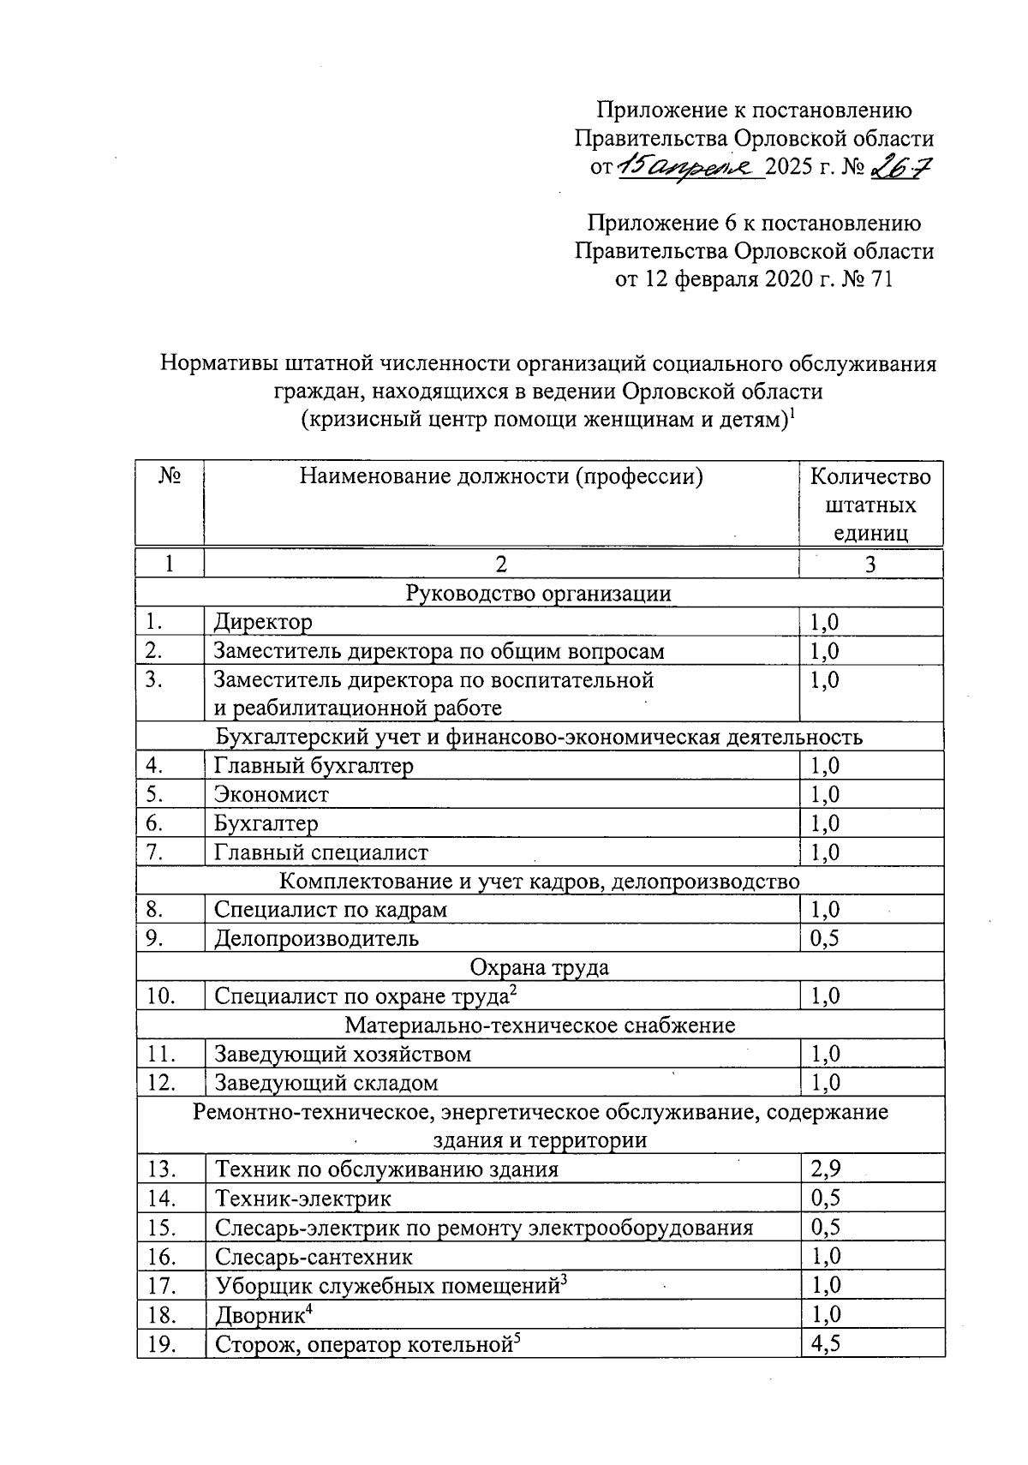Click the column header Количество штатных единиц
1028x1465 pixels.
coord(870,504)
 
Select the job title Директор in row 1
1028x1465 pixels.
coord(263,621)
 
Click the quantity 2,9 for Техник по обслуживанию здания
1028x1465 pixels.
coord(826,1169)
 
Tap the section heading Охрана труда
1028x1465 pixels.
coord(540,967)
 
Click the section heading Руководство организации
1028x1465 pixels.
coord(540,593)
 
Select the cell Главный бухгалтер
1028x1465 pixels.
coord(314,765)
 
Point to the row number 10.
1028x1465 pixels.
coord(161,996)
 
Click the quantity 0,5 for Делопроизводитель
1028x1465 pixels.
coord(826,938)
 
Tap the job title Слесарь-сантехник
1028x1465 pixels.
coord(314,1257)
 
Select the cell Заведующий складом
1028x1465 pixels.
coord(326,1083)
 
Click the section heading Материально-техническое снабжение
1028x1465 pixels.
coord(540,1025)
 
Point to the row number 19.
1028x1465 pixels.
coord(161,1344)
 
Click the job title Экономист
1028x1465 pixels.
coord(272,794)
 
